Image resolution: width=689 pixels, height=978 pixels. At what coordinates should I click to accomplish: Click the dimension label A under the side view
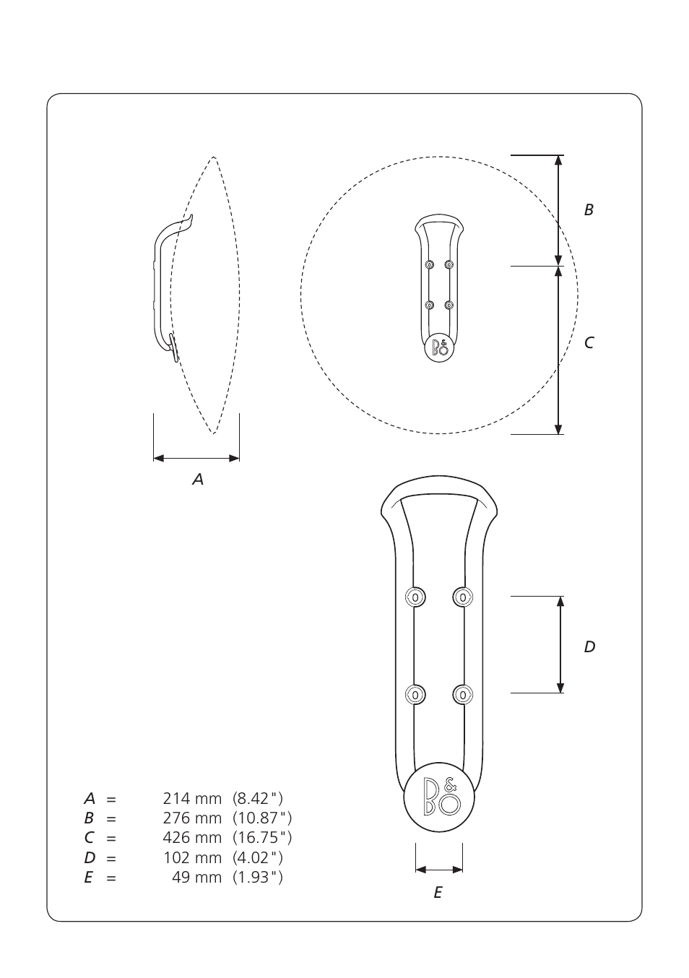[198, 479]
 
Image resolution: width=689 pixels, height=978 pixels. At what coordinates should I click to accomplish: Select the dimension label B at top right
[589, 210]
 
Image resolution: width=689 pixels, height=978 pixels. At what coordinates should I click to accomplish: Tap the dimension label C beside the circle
[589, 343]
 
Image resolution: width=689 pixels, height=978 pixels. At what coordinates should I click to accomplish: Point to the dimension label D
[589, 647]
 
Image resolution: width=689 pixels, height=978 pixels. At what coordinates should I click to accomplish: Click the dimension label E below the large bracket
[438, 893]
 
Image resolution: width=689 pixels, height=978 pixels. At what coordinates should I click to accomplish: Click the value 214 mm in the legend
[192, 798]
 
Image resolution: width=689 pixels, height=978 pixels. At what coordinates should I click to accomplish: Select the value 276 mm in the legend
[192, 818]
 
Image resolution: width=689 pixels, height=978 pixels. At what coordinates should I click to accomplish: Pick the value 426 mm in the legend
[192, 837]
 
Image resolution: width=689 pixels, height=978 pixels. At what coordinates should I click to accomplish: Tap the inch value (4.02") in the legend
[258, 857]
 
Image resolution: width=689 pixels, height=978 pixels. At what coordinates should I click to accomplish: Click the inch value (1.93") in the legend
[258, 877]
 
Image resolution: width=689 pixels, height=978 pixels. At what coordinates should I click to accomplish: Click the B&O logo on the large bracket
[440, 798]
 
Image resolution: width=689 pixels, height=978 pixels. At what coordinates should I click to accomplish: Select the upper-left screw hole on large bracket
[415, 597]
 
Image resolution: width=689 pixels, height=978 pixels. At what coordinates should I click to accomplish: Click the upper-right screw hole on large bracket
[462, 597]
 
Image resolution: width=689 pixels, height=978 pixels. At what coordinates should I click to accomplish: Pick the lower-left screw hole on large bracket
[415, 695]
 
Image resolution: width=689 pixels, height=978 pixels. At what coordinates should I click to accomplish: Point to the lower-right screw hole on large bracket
[462, 695]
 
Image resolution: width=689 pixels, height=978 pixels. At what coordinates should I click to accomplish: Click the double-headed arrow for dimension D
[560, 644]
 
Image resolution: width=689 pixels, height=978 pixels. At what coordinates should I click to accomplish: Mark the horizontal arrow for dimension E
[439, 869]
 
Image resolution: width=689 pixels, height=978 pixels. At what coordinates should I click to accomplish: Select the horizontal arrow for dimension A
[196, 458]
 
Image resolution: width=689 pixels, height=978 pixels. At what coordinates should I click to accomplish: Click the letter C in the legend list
[89, 838]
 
